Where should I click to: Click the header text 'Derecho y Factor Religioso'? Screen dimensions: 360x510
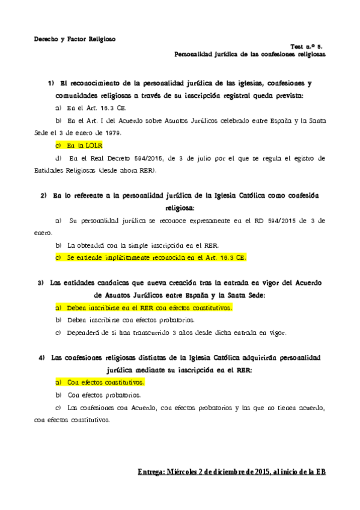74,38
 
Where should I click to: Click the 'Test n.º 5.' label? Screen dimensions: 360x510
308,46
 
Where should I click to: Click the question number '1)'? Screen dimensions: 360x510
51,82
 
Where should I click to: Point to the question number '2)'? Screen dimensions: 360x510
44,195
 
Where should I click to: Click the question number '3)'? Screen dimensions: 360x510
41,283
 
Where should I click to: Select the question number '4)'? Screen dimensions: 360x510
41,358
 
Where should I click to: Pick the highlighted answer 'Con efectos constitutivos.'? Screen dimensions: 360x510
106,382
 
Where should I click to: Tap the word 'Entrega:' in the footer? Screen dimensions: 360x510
150,472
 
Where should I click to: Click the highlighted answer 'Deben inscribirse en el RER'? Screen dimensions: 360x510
149,307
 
